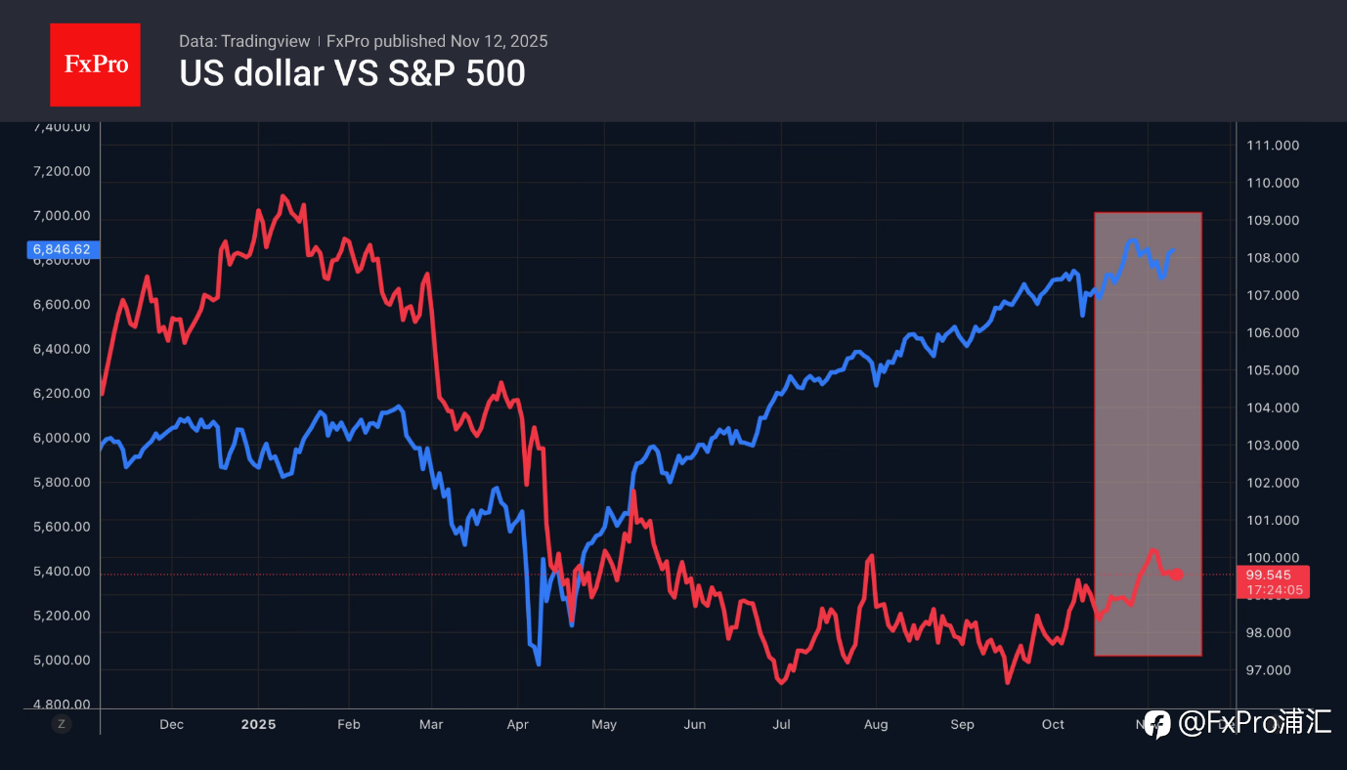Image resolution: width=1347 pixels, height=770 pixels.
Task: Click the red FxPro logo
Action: tap(95, 64)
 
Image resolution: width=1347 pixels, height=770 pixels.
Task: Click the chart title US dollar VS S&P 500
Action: tap(352, 73)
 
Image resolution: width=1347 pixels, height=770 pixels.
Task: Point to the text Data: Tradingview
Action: tap(243, 41)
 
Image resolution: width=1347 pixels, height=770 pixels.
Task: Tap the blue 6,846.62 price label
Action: tap(62, 249)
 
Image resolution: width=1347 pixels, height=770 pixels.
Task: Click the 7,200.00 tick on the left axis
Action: tap(62, 171)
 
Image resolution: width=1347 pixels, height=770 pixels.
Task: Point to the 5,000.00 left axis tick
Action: tap(62, 661)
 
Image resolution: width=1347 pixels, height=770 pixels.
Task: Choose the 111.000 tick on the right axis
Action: tap(1272, 146)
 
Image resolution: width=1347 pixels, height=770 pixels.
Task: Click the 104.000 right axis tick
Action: tap(1272, 407)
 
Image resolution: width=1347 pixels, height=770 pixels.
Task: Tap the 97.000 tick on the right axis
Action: tap(1272, 670)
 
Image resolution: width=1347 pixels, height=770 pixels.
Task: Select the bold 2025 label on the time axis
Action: tap(259, 724)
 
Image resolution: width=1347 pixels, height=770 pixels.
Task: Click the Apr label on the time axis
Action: tap(518, 724)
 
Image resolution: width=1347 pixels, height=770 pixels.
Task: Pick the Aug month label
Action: tap(876, 724)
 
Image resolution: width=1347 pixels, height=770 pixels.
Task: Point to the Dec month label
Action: tap(171, 724)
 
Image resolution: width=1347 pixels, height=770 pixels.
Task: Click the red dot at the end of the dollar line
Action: tap(1178, 574)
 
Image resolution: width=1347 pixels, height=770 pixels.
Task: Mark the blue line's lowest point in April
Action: tap(538, 663)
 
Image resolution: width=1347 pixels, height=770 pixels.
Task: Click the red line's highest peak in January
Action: tap(283, 196)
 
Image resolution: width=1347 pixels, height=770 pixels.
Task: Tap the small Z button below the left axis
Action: tap(62, 724)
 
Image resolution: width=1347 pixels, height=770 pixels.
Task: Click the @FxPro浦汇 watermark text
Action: tap(1254, 723)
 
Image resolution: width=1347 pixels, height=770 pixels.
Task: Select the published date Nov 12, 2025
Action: tap(499, 41)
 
